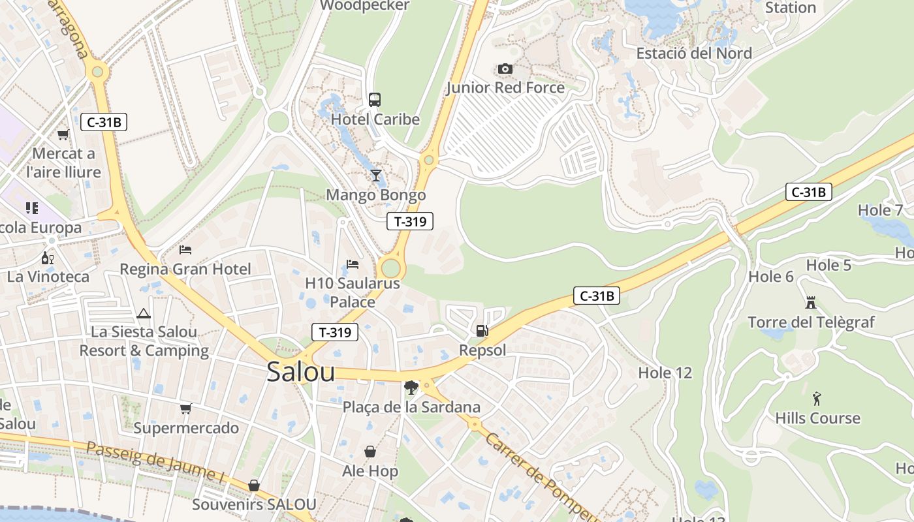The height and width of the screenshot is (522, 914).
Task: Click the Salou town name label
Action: coord(301,372)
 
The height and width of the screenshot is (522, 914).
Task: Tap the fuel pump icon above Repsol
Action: coord(482,331)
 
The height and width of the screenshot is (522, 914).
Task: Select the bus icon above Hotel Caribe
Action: coord(375,100)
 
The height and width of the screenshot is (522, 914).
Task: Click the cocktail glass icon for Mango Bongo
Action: coord(375,175)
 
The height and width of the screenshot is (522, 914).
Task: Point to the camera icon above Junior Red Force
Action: coord(505,69)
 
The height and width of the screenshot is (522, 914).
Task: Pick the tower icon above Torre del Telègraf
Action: coord(811,303)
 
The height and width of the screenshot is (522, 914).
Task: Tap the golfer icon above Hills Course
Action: coord(817,399)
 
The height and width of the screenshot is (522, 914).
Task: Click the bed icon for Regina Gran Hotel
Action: coord(185,249)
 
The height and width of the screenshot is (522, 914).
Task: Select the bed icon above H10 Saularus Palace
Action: coord(353,264)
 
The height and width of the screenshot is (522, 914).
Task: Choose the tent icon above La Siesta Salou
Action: coord(144,313)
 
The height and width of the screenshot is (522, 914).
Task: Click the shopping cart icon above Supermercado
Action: coord(186,409)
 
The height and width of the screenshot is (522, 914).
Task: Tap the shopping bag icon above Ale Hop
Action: coord(370,452)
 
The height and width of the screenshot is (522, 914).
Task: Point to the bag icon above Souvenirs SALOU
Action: coord(253,485)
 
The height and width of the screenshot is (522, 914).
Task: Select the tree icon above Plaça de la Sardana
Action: coord(411,388)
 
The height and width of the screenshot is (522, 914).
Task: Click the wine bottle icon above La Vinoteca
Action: coord(48,258)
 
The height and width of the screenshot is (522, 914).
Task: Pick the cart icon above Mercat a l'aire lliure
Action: coord(63,134)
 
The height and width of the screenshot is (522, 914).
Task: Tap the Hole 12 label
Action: coord(665,373)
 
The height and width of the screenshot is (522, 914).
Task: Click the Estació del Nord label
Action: coord(694,53)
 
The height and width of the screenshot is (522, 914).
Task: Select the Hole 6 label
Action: coord(771,277)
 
